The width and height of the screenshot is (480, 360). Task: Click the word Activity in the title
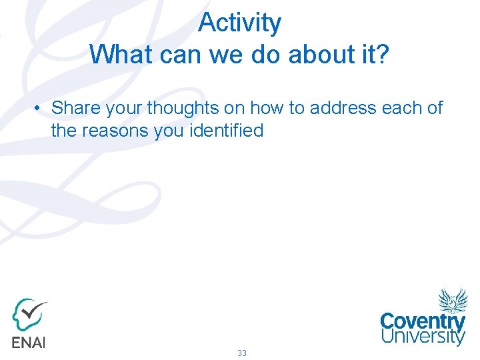click(239, 23)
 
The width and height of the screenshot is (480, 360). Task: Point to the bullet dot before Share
click(40, 108)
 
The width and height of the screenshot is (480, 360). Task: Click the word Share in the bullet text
click(75, 108)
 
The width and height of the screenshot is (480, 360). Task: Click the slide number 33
click(241, 353)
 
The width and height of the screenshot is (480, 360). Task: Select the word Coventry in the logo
click(423, 321)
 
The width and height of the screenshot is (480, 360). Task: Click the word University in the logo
click(423, 337)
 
